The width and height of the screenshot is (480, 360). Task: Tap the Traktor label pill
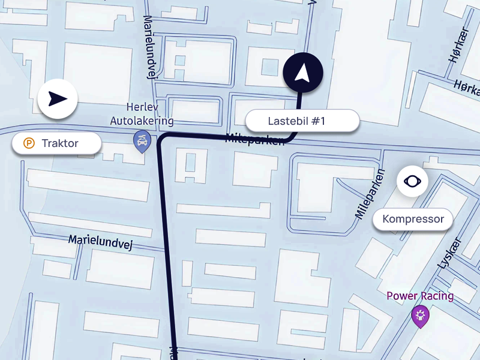(56, 143)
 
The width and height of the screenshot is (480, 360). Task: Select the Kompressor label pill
(413, 219)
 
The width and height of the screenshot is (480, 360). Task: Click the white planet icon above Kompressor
(412, 181)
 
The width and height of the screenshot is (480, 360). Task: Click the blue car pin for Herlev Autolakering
(141, 141)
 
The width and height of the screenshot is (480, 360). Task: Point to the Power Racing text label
(420, 296)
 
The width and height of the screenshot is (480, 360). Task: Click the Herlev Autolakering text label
(142, 114)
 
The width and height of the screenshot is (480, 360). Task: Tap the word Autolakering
(142, 121)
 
